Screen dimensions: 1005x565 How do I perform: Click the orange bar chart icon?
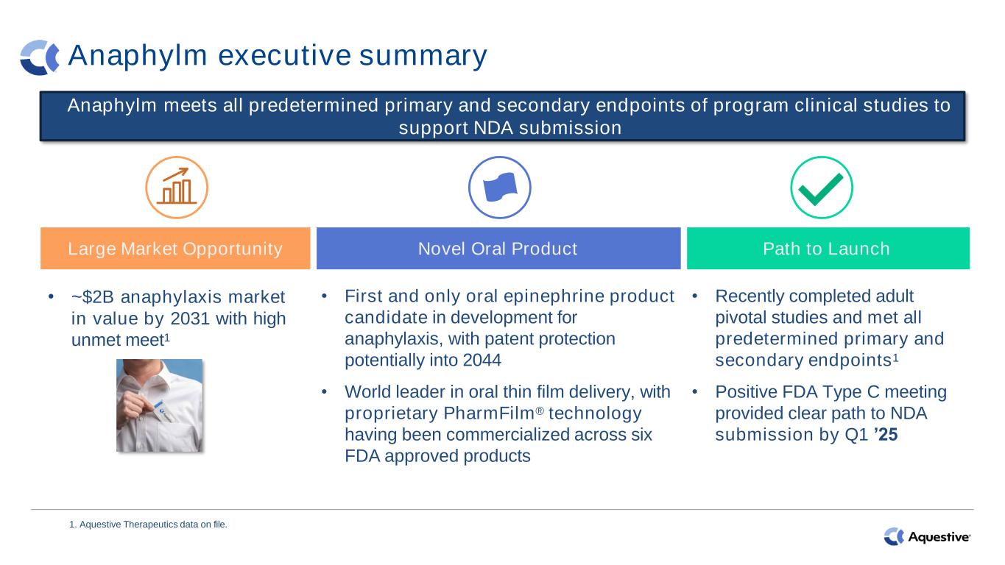177,187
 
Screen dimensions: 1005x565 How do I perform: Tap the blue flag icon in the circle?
500,187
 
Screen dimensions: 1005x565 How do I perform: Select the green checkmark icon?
821,189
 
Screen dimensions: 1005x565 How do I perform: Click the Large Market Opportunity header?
175,249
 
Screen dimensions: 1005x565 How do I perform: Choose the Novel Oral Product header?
498,249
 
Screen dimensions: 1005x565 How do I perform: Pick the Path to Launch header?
828,249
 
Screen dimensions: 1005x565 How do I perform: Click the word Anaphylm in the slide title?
138,56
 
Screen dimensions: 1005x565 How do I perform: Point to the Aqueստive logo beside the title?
40,57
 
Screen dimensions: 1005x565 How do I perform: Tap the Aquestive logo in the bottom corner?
927,536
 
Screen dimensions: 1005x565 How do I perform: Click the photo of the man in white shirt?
160,405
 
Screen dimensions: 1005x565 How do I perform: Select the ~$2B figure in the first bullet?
93,297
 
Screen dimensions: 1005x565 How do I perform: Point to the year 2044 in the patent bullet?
482,360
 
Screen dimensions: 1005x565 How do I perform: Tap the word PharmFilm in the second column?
489,413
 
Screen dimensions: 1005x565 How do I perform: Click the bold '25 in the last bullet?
886,435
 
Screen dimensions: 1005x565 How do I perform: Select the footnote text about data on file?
149,525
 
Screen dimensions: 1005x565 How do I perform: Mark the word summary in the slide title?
423,57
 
